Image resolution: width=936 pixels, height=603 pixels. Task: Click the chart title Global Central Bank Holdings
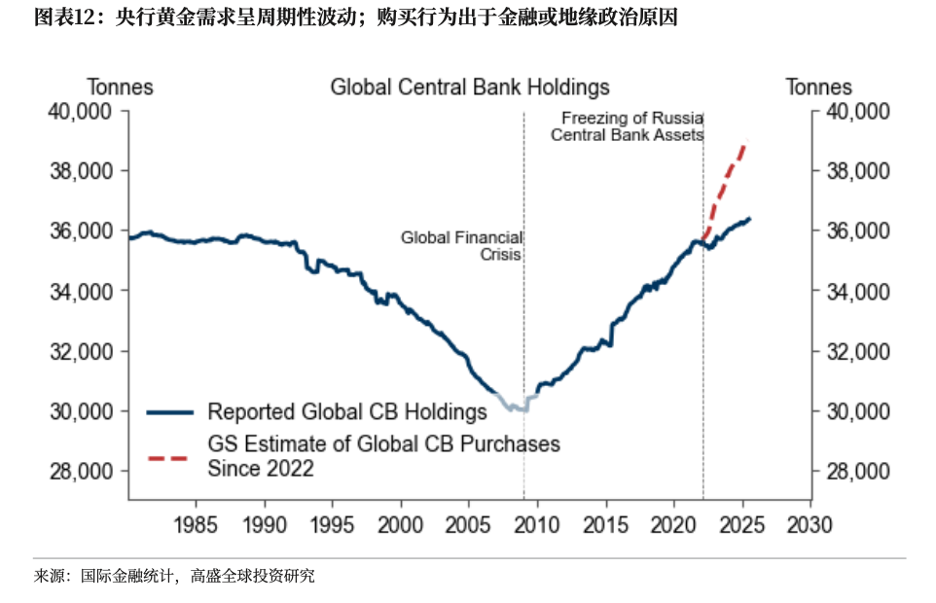point(469,88)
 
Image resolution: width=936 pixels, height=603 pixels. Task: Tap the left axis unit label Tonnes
point(121,88)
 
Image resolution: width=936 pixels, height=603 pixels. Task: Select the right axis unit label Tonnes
point(818,88)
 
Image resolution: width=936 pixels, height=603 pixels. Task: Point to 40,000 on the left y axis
point(80,112)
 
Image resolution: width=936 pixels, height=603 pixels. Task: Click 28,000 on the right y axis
point(857,472)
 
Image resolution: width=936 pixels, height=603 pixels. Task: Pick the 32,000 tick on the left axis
point(80,351)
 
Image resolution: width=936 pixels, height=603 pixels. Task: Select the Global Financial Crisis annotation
point(462,246)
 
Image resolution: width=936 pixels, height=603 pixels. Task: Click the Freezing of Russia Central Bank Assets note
point(627,127)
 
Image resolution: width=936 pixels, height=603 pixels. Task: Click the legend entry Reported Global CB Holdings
point(347,412)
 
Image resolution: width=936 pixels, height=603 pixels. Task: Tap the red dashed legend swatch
point(167,456)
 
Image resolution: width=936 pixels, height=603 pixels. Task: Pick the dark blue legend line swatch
point(167,412)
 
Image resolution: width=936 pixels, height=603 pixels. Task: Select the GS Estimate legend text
point(384,456)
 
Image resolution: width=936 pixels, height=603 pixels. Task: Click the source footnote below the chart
point(175,577)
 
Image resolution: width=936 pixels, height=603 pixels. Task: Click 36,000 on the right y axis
point(857,231)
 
